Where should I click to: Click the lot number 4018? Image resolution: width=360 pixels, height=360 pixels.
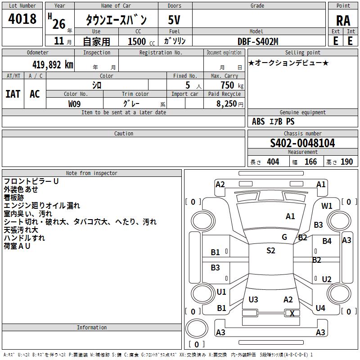coord(22,18)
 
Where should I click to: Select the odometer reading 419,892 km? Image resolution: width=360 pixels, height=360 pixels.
coord(53,65)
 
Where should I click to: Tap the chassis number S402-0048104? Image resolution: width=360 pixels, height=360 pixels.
coord(302,143)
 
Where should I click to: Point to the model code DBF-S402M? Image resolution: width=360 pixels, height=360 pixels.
coord(258,41)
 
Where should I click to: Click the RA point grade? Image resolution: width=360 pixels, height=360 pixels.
coord(343,21)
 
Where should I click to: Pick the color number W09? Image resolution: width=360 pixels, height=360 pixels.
coord(74,104)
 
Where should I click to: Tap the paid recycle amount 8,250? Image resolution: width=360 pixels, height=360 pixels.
coord(226,103)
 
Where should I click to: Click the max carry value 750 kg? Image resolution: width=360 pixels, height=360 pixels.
coord(232,85)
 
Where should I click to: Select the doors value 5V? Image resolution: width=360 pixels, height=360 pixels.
coord(174,20)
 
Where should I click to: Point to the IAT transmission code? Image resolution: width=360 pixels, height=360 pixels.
coord(13,94)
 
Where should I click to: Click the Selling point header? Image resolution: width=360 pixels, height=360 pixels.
coord(302,52)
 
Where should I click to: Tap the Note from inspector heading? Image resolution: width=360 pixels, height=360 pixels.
coord(92,173)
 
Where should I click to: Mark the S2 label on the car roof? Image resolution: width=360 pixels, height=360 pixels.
coord(271,251)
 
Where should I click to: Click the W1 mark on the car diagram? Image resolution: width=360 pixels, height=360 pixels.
coord(327,206)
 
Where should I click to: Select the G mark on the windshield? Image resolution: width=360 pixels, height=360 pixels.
coord(284,237)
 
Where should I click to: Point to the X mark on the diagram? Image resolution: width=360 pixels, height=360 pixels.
coord(292,313)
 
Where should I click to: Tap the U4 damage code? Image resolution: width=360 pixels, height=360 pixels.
coord(320,308)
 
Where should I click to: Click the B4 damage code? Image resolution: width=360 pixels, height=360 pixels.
coord(327,241)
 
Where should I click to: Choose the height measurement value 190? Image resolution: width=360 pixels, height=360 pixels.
coord(346,162)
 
